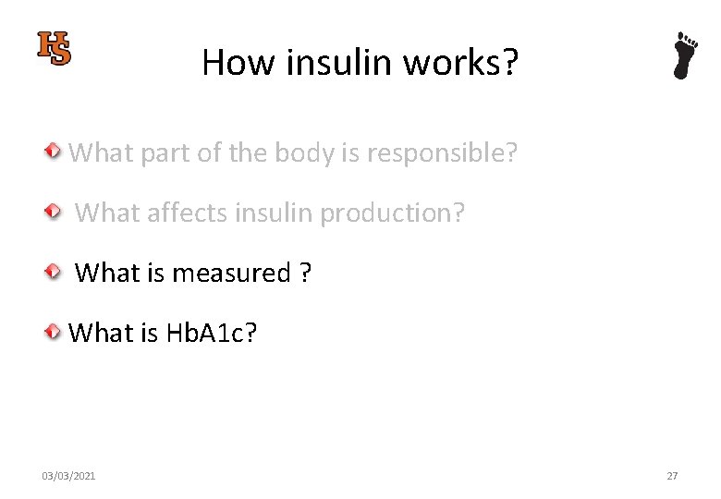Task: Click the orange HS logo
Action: (55, 48)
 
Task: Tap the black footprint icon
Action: (685, 55)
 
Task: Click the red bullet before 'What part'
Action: (55, 151)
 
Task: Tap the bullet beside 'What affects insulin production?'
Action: (55, 212)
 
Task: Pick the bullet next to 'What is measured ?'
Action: (55, 272)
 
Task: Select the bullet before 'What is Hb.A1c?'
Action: (55, 332)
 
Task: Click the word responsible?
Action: (442, 152)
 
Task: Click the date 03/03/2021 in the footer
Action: (68, 476)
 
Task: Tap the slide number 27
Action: (672, 476)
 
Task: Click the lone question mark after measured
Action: (305, 274)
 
